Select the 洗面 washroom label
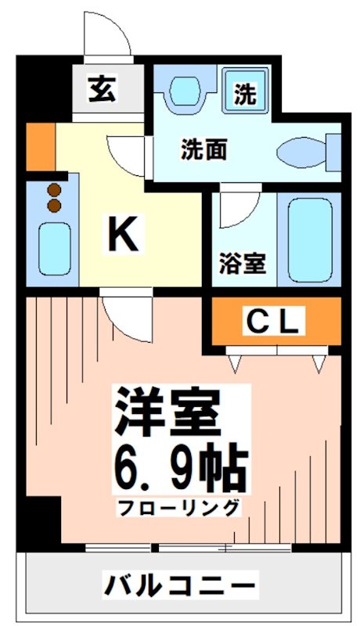(205, 149)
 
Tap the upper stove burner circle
(54, 189)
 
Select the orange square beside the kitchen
(40, 146)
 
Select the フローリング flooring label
(179, 508)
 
